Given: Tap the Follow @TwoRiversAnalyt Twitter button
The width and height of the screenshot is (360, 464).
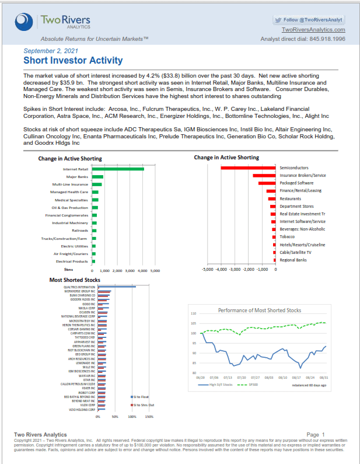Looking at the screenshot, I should (x=309, y=19).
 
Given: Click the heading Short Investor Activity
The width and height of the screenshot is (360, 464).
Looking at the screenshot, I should (x=73, y=61).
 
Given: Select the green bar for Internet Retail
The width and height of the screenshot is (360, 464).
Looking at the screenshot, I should (x=117, y=169).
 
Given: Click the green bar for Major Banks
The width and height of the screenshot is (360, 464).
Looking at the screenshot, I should (x=97, y=177).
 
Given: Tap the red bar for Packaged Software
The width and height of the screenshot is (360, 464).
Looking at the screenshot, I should (x=267, y=183).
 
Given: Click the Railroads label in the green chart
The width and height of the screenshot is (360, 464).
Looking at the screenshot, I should (x=81, y=231).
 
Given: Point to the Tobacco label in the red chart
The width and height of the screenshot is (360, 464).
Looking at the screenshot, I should (x=287, y=237).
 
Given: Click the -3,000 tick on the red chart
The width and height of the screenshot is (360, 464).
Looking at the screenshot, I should (x=235, y=270).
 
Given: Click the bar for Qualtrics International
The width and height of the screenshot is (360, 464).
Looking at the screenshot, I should (x=117, y=287).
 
